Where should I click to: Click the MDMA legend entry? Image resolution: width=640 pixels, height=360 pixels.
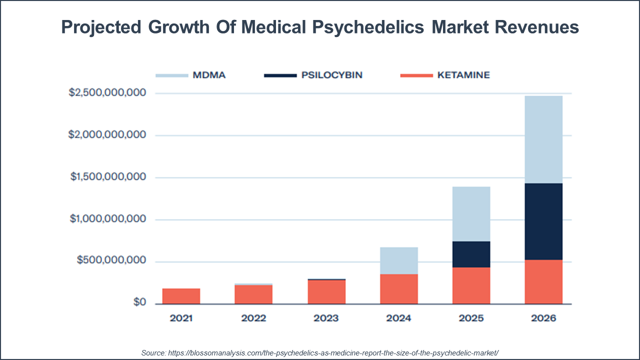point(190,75)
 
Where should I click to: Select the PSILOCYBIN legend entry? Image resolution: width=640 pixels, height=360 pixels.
point(313,75)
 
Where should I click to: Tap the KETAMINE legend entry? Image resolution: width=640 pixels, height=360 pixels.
point(445,75)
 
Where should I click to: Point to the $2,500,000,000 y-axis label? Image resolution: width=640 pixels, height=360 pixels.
point(107,93)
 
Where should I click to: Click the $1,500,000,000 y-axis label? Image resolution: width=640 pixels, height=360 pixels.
point(107,177)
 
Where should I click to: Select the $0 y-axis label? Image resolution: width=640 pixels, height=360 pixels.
point(139,303)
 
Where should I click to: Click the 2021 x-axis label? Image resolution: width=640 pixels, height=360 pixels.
point(181,318)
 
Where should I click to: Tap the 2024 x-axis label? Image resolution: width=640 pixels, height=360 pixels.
point(398,318)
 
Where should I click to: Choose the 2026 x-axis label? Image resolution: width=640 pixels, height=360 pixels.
point(543,318)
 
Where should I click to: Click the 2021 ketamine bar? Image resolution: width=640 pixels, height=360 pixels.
point(181,296)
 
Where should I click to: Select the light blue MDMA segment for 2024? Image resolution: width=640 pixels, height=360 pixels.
point(398,260)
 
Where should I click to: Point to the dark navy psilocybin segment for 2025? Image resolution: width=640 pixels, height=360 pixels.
point(471,254)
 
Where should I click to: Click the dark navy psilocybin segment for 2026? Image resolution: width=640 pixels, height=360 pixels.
point(543,221)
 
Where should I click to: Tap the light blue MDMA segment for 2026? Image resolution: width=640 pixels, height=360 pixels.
point(543,139)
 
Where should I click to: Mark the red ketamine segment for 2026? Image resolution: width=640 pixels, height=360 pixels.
point(543,281)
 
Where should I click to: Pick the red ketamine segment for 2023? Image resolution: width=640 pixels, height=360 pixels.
point(326,292)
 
